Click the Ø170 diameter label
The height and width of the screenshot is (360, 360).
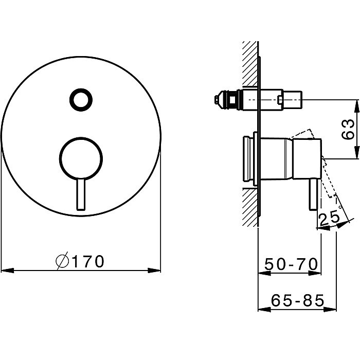coord(80,261)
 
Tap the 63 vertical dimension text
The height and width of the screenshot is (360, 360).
coord(348,129)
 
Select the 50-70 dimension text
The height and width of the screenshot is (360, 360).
coord(291,264)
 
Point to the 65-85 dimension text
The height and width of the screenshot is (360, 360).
coord(298,300)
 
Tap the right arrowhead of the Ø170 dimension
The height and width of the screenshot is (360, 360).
coord(154,271)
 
